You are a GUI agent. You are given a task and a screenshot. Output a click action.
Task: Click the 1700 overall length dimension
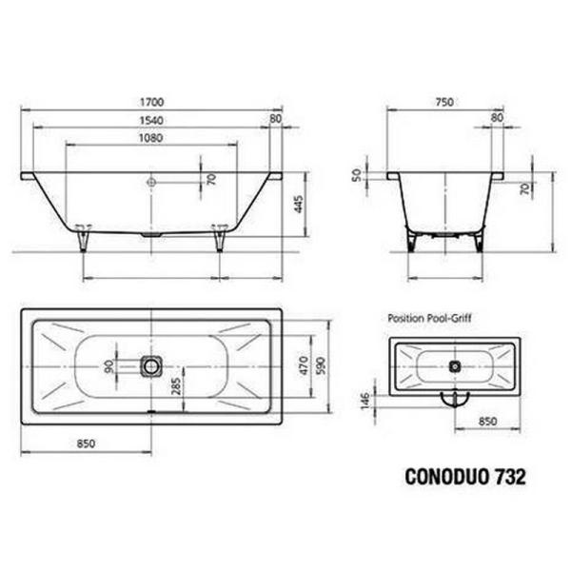tap(150, 101)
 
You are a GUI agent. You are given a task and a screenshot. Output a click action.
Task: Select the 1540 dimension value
tap(150, 119)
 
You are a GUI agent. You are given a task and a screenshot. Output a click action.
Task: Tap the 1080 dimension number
tap(150, 137)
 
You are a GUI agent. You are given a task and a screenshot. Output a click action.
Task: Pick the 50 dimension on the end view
tap(357, 175)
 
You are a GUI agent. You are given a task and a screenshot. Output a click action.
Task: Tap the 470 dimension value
tap(303, 364)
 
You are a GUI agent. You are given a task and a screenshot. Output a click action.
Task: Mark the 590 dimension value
tap(323, 364)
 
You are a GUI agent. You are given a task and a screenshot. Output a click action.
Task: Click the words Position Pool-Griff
tap(429, 322)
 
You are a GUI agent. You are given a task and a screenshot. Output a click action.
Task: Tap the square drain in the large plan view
tap(151, 364)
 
